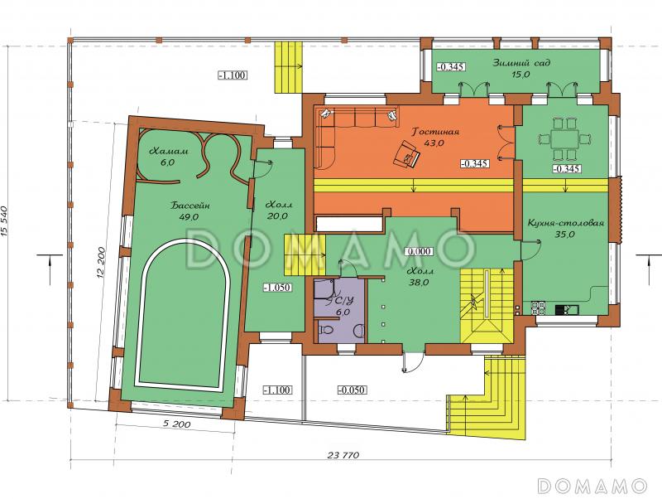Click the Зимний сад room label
521,63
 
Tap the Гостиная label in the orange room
436,132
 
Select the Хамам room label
169,151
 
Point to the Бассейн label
190,206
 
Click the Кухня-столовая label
566,223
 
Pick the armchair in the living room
406,155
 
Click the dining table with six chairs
564,138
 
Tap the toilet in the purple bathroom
325,329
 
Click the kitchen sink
567,310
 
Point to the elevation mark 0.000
419,252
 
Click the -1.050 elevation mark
277,288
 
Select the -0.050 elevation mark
353,390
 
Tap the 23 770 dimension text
343,455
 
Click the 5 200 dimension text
175,424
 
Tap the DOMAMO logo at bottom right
592,486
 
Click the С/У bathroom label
343,302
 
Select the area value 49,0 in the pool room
189,217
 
